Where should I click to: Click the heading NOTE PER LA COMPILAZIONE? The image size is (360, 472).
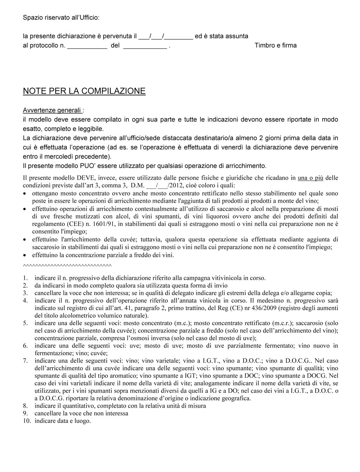[84, 91]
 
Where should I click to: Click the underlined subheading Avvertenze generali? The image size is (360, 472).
[52, 110]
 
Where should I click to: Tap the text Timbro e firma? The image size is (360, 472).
[275, 46]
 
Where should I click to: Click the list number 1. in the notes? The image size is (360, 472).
[26, 278]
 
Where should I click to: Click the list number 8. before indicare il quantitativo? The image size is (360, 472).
[26, 406]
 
